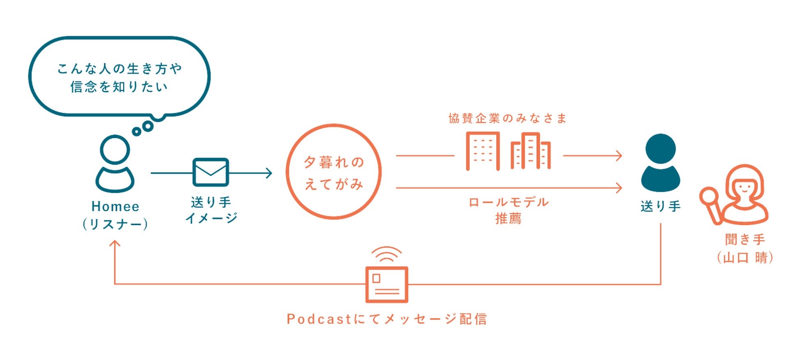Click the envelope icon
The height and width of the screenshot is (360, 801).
(210, 172)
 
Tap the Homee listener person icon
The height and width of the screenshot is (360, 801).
(115, 164)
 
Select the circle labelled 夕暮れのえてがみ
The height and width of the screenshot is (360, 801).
(334, 172)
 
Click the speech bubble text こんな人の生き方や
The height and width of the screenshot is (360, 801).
(120, 69)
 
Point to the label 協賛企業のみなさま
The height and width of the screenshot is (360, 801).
(508, 119)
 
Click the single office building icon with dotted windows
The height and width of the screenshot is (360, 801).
(483, 151)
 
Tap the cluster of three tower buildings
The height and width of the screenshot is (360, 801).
(530, 151)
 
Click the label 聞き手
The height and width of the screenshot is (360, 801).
(745, 239)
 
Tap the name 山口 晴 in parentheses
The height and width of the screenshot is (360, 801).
(745, 258)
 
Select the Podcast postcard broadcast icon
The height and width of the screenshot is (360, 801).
(387, 284)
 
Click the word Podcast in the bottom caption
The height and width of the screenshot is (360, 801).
(319, 319)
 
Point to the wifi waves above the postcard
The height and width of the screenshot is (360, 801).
(387, 254)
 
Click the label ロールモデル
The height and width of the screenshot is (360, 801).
(509, 202)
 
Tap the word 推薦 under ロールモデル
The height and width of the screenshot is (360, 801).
(509, 219)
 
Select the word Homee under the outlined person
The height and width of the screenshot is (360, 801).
(115, 206)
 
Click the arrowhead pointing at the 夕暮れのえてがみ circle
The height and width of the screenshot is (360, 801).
(269, 173)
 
